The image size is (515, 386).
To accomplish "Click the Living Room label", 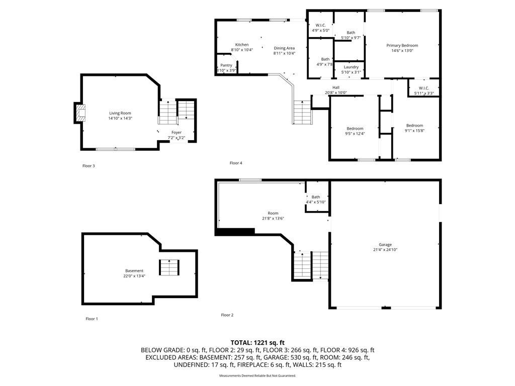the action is click(x=120, y=113).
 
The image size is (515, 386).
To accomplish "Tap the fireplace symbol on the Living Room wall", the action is click(x=80, y=113).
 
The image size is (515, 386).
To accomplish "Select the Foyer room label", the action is click(x=177, y=133).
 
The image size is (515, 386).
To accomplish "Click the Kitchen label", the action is click(x=242, y=45).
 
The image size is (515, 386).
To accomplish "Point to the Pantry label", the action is click(x=226, y=65).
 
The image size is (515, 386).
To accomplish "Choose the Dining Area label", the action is click(x=285, y=48).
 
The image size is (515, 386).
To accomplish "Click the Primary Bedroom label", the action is click(x=402, y=46).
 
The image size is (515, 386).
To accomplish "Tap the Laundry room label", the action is click(x=351, y=67).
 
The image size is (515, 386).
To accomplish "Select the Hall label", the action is click(x=335, y=87).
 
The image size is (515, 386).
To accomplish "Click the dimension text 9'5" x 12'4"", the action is click(x=355, y=134).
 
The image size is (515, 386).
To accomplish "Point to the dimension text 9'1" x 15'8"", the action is click(x=415, y=131).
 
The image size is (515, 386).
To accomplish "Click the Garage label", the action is click(x=385, y=245).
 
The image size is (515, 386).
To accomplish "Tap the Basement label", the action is click(x=134, y=271).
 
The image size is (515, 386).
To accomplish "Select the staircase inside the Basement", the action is click(x=169, y=267).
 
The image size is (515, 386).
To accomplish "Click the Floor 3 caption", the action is click(x=89, y=166).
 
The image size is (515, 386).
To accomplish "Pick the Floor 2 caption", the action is click(x=227, y=315).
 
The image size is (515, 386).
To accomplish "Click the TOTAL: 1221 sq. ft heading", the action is click(x=257, y=343).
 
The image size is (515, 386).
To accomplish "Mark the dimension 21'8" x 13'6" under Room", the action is click(x=273, y=218).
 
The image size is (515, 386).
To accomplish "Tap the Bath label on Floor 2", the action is click(x=316, y=197).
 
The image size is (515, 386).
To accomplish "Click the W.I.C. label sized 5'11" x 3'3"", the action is click(x=424, y=88).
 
